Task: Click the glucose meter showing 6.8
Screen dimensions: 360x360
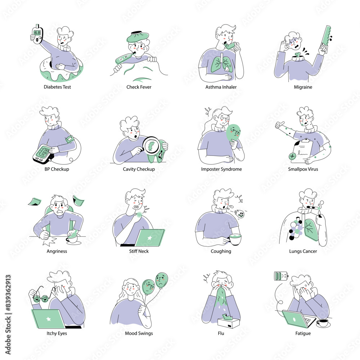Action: (x=37, y=34)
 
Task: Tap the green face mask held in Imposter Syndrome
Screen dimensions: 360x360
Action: (x=233, y=134)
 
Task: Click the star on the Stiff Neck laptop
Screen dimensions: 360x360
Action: (x=150, y=238)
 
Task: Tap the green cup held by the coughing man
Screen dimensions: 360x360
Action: (x=235, y=239)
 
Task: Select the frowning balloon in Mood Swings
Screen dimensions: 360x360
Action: (x=162, y=280)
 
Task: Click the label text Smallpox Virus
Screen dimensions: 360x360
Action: (x=303, y=169)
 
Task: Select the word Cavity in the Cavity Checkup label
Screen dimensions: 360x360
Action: (x=130, y=169)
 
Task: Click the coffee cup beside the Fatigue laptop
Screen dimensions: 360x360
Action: (x=323, y=323)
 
